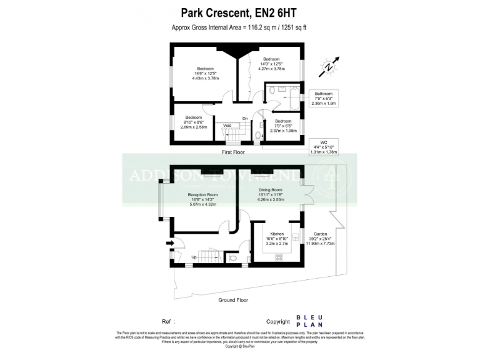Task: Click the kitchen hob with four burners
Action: point(279,256)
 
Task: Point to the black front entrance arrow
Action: point(170,243)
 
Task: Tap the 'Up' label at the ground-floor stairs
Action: point(194,257)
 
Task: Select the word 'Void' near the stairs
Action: point(227,125)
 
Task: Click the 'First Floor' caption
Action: point(234,152)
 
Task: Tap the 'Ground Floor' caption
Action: point(233,300)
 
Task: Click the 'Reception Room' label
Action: point(202,195)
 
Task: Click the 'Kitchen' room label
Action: point(269,234)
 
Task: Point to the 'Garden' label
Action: point(320,234)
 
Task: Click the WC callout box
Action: point(323,147)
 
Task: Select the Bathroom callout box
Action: point(323,99)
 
